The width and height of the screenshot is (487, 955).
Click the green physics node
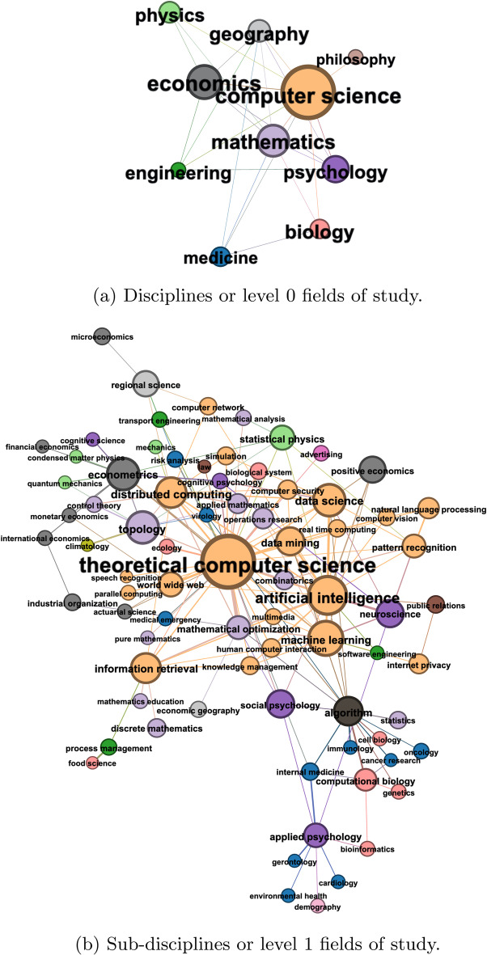coord(170,12)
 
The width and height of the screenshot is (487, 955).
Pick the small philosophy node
coord(354,55)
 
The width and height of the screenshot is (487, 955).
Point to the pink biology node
coord(320,226)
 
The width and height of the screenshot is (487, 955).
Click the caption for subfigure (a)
coord(243,296)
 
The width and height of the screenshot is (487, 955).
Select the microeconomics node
coord(101,337)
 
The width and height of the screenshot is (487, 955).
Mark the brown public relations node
coord(435,603)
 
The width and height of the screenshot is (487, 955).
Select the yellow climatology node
coord(88,546)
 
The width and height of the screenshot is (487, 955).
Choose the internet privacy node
coord(418,665)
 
